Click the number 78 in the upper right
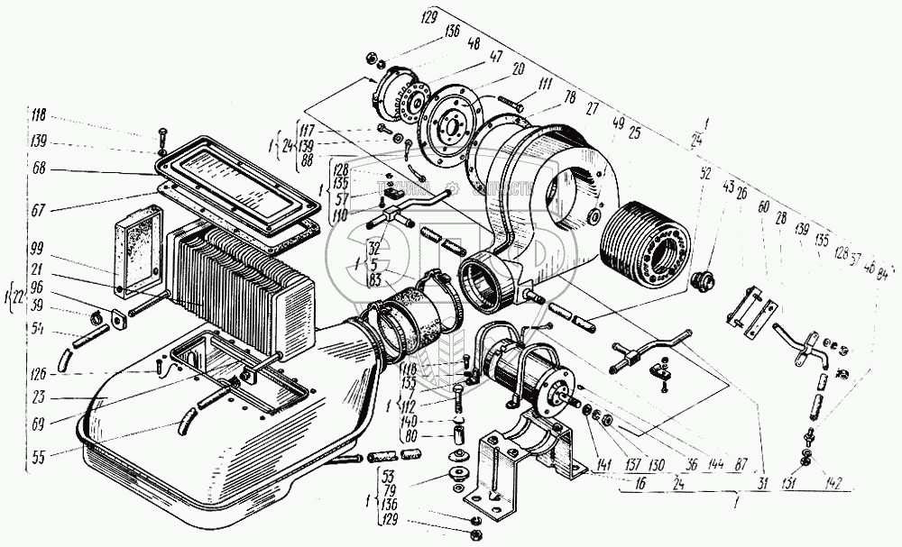click(570, 96)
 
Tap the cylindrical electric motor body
click(520, 374)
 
